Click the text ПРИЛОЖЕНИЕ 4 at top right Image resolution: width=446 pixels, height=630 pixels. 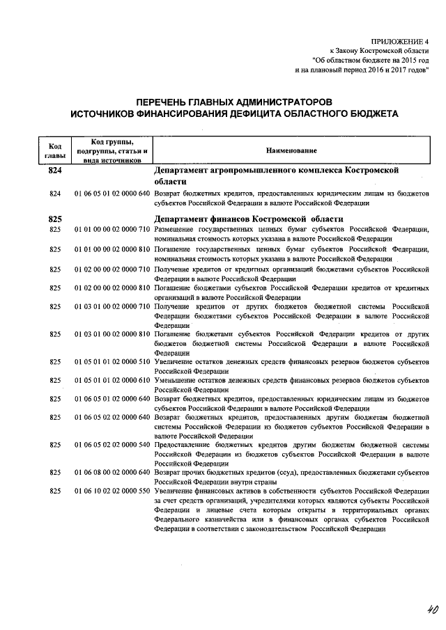point(402,41)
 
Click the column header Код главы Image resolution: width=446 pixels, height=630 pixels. point(56,150)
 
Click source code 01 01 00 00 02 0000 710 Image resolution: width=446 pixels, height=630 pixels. point(112,229)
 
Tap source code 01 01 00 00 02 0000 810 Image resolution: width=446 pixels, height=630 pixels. point(112,249)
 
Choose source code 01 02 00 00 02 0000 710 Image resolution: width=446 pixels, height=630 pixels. point(112,268)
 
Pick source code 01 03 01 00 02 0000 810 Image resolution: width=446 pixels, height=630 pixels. point(112,334)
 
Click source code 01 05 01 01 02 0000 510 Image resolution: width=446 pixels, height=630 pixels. point(112,362)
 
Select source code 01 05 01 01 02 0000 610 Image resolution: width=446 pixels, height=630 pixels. point(112,381)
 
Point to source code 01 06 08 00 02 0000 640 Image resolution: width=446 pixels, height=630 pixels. point(112,473)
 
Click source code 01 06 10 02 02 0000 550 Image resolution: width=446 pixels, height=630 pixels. point(112,491)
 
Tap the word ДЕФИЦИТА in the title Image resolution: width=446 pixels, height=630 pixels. point(275,113)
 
